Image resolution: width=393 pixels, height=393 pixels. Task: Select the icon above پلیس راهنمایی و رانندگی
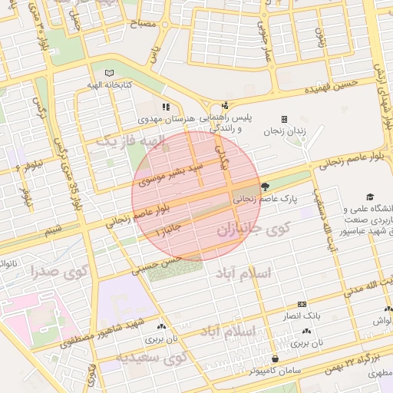(224, 106)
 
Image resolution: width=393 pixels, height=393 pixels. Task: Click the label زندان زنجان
(285, 130)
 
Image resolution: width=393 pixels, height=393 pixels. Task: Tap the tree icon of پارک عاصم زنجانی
(265, 186)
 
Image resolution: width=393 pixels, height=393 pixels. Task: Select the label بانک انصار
(301, 315)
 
